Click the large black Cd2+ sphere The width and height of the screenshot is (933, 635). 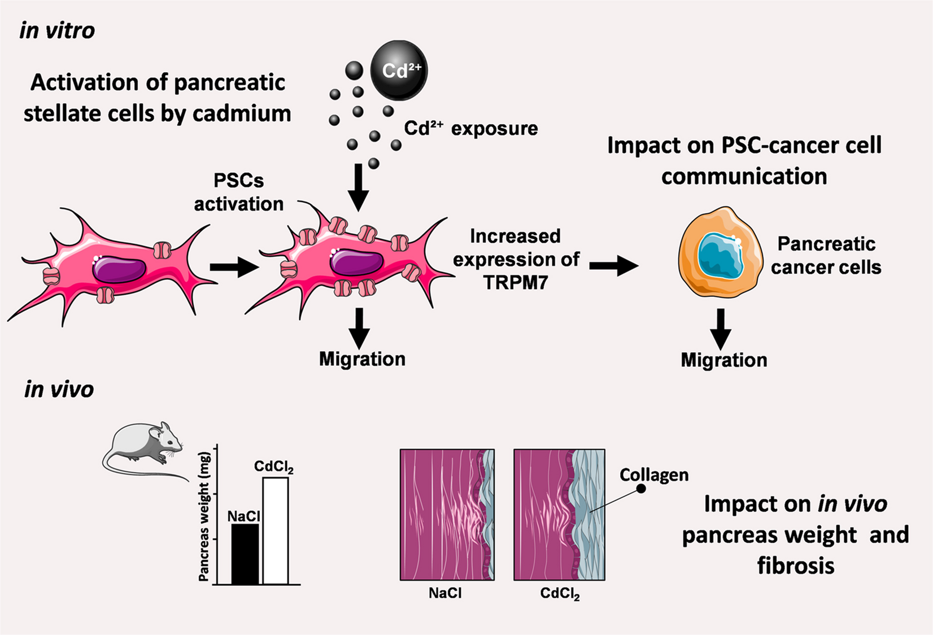399,70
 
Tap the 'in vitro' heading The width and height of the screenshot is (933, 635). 57,30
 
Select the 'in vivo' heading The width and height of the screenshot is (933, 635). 59,389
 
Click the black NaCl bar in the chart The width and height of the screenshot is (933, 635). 245,554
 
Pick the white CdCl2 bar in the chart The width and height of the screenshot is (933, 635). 276,531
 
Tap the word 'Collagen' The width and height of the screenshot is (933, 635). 654,475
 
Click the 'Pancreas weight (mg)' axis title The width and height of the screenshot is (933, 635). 204,516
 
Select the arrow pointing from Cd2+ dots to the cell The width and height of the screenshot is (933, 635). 358,187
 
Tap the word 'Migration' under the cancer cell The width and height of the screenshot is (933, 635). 723,360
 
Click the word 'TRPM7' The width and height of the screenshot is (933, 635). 516,282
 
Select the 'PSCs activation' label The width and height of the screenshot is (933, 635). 239,192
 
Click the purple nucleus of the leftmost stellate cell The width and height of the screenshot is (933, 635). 119,269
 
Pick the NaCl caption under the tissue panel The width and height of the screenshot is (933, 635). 445,593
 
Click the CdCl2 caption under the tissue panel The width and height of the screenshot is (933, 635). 560,594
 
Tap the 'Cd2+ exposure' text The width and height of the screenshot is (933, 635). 471,129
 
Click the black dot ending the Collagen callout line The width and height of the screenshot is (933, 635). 642,489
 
